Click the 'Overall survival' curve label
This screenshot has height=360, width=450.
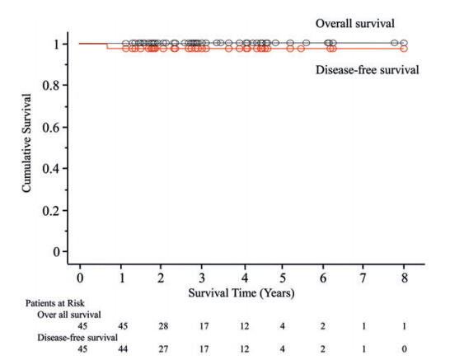point(355,24)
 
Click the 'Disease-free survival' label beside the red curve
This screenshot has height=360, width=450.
point(368,70)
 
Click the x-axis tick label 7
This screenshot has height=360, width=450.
point(363,278)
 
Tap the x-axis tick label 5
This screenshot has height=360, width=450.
point(283,278)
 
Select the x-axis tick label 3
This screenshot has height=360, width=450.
point(202,278)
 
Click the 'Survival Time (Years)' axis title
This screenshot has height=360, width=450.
point(241,293)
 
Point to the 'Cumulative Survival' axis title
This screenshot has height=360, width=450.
point(26,143)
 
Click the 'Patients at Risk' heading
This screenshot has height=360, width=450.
point(55,303)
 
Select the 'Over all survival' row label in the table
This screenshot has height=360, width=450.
point(69,315)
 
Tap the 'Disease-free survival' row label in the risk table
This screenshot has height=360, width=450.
point(77,338)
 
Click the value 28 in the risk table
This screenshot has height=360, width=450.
point(163,326)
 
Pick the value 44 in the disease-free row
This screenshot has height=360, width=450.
point(123,349)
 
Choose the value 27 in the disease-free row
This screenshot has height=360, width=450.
point(163,349)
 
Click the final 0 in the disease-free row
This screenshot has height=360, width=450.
point(404,349)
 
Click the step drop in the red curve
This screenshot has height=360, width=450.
point(107,46)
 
